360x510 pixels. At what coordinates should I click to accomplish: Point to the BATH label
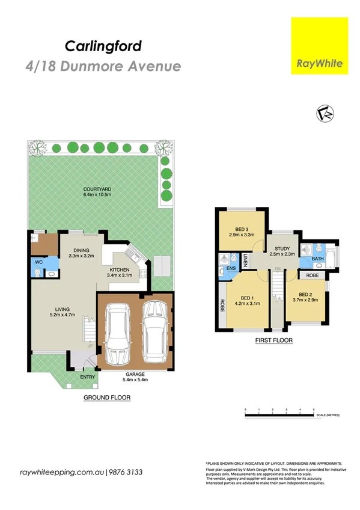click(x=319, y=259)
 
